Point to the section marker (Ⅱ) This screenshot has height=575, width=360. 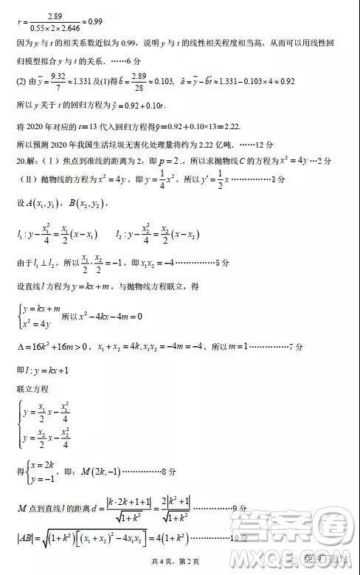coord(27,179)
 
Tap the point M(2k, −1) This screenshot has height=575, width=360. coord(100,470)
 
